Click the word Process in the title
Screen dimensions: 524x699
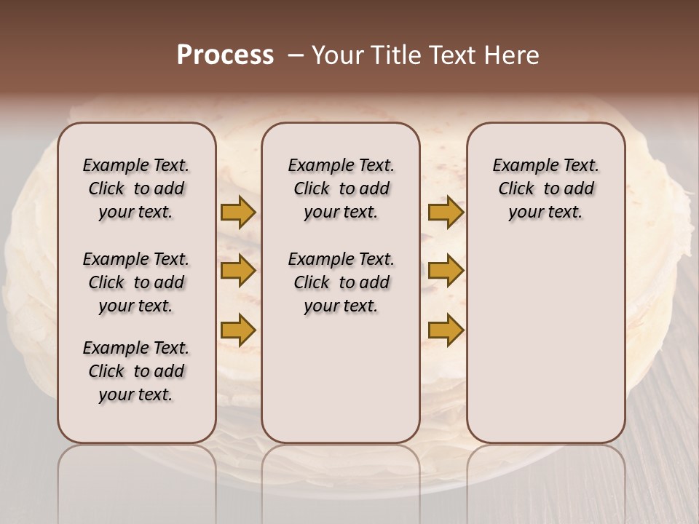pyautogui.click(x=225, y=55)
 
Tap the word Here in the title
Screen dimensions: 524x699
pyautogui.click(x=513, y=55)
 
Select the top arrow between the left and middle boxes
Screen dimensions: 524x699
pyautogui.click(x=238, y=213)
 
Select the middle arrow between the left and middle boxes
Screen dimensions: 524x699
pyautogui.click(x=238, y=271)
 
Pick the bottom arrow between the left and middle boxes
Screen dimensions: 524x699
pyautogui.click(x=238, y=330)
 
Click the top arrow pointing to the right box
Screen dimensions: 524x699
pyautogui.click(x=446, y=213)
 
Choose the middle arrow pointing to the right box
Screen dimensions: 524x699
pyautogui.click(x=446, y=271)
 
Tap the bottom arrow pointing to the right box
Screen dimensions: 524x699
pyautogui.click(x=446, y=330)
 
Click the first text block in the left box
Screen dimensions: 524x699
pyautogui.click(x=136, y=188)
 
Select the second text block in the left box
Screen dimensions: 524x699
pyautogui.click(x=136, y=282)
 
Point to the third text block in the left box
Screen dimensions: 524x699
pyautogui.click(x=136, y=371)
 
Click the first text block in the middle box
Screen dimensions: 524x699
pyautogui.click(x=341, y=188)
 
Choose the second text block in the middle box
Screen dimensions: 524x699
pyautogui.click(x=341, y=282)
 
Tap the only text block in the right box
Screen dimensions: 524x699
pyautogui.click(x=545, y=188)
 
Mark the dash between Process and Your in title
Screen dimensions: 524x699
pyautogui.click(x=296, y=55)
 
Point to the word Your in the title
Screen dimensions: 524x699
pyautogui.click(x=336, y=55)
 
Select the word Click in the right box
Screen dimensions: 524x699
pyautogui.click(x=516, y=188)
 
